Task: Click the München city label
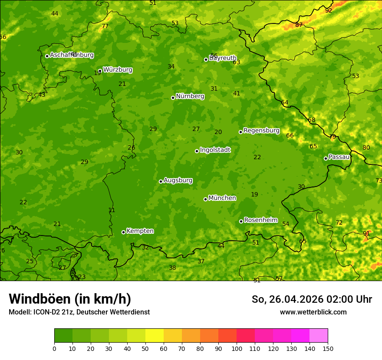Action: pyautogui.click(x=222, y=198)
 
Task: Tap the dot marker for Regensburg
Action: pyautogui.click(x=240, y=132)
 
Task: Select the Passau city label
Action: pyautogui.click(x=339, y=157)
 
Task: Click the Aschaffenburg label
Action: pyautogui.click(x=72, y=55)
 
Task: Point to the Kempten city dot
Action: pyautogui.click(x=123, y=232)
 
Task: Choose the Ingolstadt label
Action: pyautogui.click(x=215, y=150)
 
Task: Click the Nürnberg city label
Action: pyautogui.click(x=190, y=96)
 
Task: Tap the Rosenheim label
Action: pyautogui.click(x=260, y=220)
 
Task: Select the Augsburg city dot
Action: pyautogui.click(x=161, y=181)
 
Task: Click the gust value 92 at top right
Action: pyautogui.click(x=329, y=10)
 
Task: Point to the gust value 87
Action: pyautogui.click(x=299, y=25)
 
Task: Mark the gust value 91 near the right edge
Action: pyautogui.click(x=366, y=233)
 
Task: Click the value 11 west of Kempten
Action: pyautogui.click(x=112, y=210)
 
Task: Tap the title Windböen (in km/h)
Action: pyautogui.click(x=70, y=299)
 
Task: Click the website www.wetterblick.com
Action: pyautogui.click(x=313, y=312)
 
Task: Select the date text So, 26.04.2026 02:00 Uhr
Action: pyautogui.click(x=312, y=299)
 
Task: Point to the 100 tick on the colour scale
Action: pyautogui.click(x=237, y=348)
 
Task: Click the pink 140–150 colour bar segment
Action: pyautogui.click(x=319, y=336)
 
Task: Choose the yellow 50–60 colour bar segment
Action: pyautogui.click(x=155, y=336)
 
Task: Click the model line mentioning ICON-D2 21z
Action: pyautogui.click(x=79, y=312)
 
